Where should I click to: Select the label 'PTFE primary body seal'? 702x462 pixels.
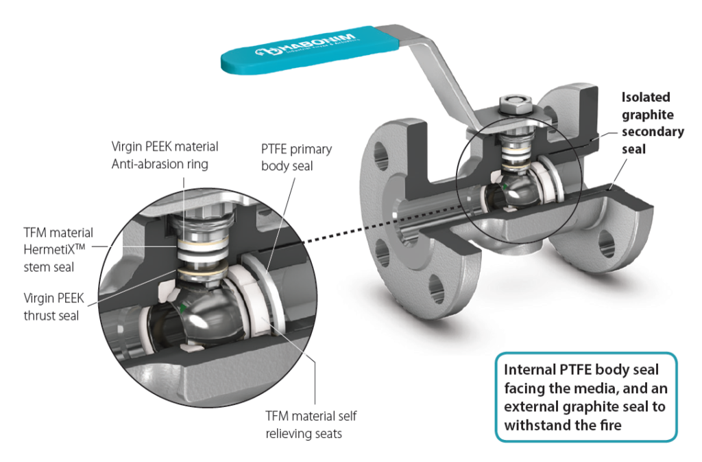295,158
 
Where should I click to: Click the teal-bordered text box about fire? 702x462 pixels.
585,396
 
